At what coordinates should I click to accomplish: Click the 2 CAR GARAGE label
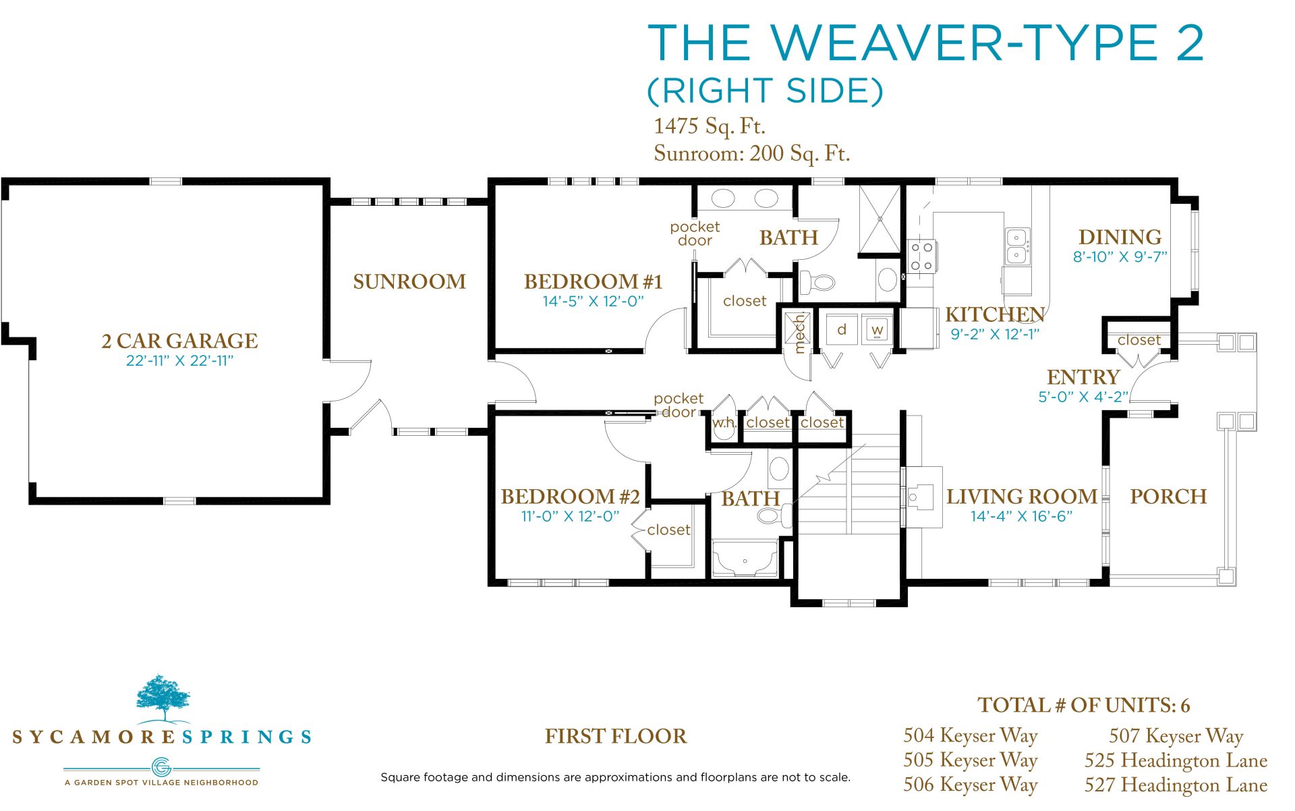click(179, 341)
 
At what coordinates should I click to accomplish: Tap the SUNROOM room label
click(409, 281)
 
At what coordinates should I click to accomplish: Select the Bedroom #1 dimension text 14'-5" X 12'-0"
click(594, 302)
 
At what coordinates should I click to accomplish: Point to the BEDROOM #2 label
click(570, 497)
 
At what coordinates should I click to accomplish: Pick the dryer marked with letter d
click(842, 329)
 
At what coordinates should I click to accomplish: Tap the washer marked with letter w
click(877, 329)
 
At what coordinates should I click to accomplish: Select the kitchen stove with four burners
click(921, 256)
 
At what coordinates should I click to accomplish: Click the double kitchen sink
click(1017, 246)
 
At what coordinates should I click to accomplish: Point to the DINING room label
click(1120, 237)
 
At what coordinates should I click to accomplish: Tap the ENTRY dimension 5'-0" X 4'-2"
click(1083, 397)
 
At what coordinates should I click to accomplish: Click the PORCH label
click(1168, 497)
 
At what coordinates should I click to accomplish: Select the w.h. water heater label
click(724, 423)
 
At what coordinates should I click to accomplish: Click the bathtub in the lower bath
click(745, 559)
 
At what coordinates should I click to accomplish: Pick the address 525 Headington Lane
click(1176, 760)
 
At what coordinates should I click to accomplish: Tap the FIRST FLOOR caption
click(616, 736)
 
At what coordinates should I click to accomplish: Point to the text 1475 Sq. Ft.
click(710, 126)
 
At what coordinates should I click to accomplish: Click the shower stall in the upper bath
click(880, 219)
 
